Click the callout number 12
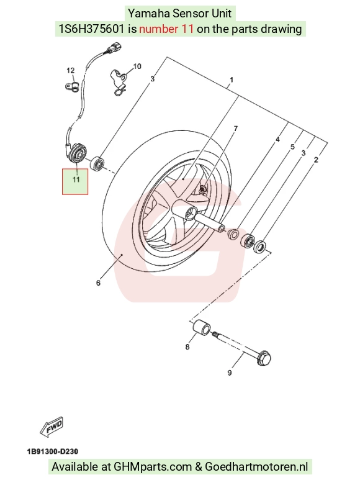(x=71, y=70)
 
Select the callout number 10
(x=137, y=66)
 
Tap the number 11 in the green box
(x=76, y=179)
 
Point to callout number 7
(x=235, y=129)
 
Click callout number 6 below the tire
(x=98, y=283)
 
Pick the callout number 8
(x=187, y=346)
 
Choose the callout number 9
(x=230, y=373)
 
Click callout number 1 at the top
(x=232, y=80)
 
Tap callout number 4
(x=277, y=140)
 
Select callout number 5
(x=292, y=147)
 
